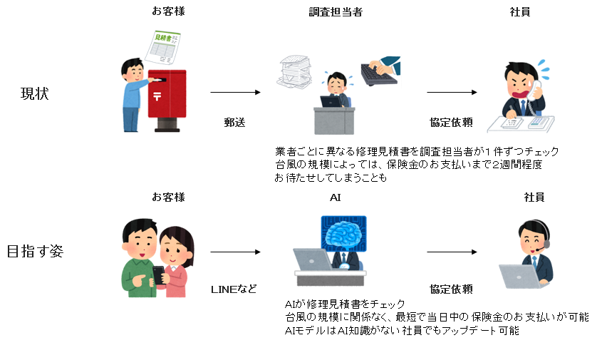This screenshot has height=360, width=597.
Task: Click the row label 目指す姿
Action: coord(35,251)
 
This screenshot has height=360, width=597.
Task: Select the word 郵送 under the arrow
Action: coord(234,122)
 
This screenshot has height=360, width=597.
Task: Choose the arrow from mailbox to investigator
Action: coord(234,93)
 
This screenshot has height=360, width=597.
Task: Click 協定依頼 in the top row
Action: coord(452,122)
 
